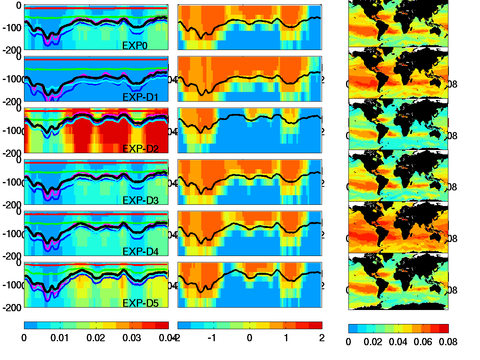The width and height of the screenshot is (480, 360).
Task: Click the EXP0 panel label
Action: (x=135, y=46)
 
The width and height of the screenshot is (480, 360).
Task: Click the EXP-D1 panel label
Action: (x=140, y=97)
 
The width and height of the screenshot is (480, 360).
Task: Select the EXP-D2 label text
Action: (x=140, y=149)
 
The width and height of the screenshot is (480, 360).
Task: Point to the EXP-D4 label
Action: (x=140, y=252)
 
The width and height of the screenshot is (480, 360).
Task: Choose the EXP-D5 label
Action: (x=140, y=303)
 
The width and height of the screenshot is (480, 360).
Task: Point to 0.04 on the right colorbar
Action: (x=398, y=342)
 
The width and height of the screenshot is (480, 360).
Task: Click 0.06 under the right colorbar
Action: (x=424, y=342)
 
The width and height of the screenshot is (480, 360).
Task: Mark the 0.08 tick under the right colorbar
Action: (x=448, y=342)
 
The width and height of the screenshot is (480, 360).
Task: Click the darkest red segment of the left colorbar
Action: (x=162, y=325)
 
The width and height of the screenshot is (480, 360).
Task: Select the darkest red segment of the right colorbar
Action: (x=444, y=328)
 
